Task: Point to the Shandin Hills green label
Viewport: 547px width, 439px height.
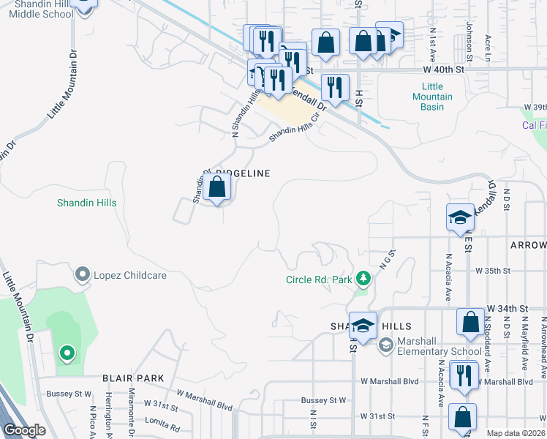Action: point(87,203)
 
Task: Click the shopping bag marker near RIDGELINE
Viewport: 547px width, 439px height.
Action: point(217,189)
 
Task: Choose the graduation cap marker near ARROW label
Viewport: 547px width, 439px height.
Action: point(460,218)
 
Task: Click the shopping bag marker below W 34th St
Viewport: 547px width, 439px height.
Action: point(471,323)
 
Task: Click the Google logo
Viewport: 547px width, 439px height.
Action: point(24,430)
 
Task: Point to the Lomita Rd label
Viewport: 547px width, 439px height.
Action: point(162,426)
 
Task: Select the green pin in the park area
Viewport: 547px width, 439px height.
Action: point(67,354)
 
